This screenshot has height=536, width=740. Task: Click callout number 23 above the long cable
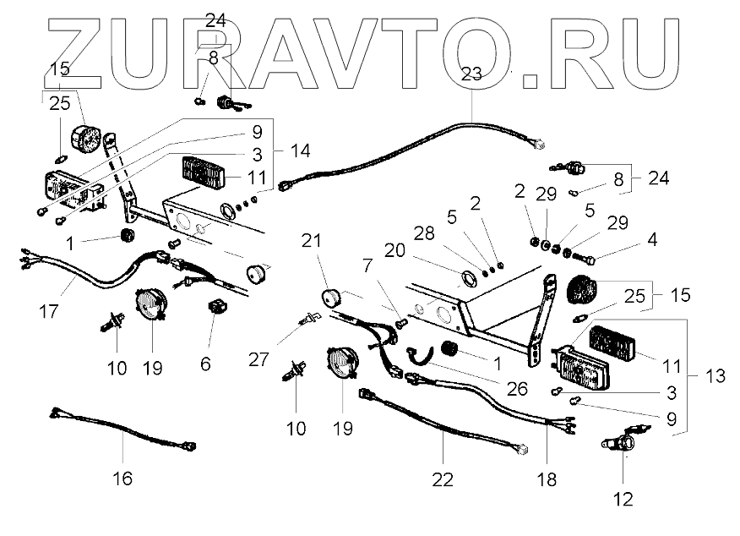coord(471,74)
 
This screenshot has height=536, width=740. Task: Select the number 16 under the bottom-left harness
coord(122,479)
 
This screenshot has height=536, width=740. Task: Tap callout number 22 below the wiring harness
coord(442,479)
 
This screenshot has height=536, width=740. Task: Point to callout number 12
coord(623,498)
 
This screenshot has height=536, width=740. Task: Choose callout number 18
coord(547,479)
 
